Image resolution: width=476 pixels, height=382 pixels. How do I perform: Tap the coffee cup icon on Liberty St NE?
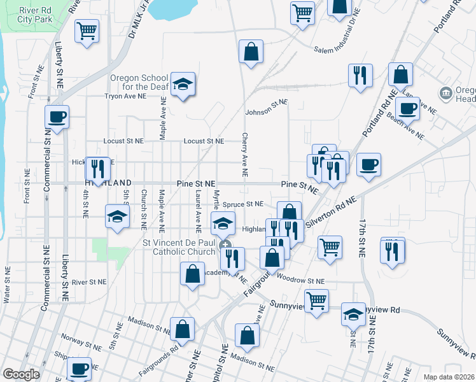point(57,117)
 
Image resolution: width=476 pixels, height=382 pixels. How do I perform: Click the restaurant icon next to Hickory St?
point(97,168)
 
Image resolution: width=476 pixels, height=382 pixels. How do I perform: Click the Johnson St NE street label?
point(267,107)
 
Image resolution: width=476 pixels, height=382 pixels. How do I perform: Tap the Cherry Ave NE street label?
point(244,155)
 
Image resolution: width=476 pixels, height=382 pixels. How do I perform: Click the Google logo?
point(21,374)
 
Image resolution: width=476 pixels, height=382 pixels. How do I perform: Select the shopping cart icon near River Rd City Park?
point(86,31)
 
